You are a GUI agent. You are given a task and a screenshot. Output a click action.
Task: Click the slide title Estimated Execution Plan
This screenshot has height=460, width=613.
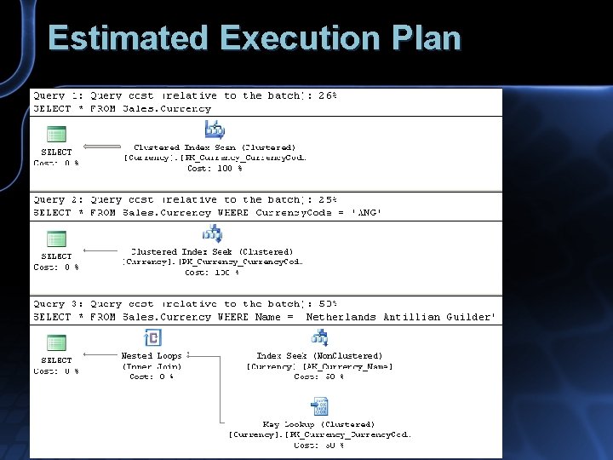pyautogui.click(x=255, y=38)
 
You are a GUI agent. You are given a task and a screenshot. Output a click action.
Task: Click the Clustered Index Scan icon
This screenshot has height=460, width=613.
pyautogui.click(x=215, y=129)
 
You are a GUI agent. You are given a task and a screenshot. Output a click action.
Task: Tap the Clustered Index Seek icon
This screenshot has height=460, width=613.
pyautogui.click(x=212, y=233)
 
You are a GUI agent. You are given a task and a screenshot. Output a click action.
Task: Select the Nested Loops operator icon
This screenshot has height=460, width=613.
pyautogui.click(x=152, y=338)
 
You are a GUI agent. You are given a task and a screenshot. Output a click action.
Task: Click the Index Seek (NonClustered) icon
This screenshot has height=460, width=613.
pyautogui.click(x=319, y=338)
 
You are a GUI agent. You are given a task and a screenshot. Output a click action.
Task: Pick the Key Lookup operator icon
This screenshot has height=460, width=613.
pyautogui.click(x=319, y=405)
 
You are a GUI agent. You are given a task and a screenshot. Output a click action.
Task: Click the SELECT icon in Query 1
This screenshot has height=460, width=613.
pyautogui.click(x=56, y=135)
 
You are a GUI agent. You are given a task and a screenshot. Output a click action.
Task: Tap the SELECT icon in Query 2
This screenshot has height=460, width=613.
pyautogui.click(x=56, y=239)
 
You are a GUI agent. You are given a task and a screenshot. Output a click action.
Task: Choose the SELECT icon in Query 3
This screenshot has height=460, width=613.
pyautogui.click(x=56, y=342)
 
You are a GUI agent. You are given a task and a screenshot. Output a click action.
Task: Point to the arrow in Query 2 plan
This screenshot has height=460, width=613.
pyautogui.click(x=102, y=250)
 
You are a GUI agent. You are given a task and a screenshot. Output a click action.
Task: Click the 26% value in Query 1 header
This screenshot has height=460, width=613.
pyautogui.click(x=328, y=96)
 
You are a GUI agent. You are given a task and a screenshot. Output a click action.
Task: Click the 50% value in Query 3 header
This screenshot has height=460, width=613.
pyautogui.click(x=328, y=304)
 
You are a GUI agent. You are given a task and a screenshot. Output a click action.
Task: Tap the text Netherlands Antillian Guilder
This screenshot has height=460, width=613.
pyautogui.click(x=398, y=317)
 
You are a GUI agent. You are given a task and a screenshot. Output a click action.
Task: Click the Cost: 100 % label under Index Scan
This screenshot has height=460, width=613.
pyautogui.click(x=215, y=169)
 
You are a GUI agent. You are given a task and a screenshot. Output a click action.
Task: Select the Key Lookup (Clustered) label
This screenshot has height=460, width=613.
pyautogui.click(x=318, y=424)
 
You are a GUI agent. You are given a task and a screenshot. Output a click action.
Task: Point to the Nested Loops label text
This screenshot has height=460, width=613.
pyautogui.click(x=152, y=356)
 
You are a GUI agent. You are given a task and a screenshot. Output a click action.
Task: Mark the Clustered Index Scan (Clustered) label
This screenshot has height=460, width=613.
pyautogui.click(x=215, y=147)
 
